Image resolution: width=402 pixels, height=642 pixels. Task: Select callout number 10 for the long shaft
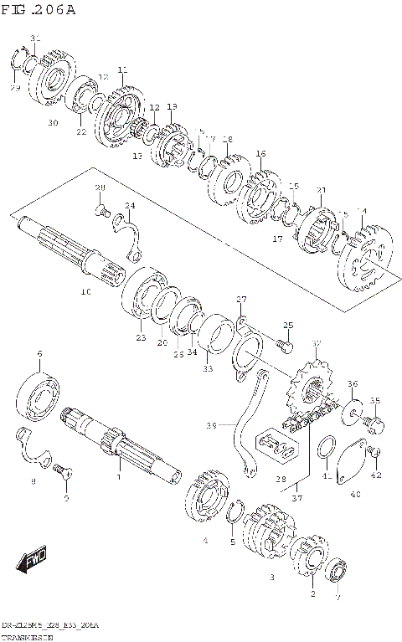coord(85,293)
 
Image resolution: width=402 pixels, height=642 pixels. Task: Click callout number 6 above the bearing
coord(39,356)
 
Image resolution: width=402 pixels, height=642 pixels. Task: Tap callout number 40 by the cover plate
coord(355,495)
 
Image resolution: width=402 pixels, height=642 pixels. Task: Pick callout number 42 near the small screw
coord(376,475)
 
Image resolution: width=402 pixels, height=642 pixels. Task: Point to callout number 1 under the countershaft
coord(118,477)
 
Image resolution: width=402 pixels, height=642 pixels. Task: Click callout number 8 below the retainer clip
coord(33,482)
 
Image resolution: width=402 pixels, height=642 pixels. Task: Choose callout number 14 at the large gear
coord(362,212)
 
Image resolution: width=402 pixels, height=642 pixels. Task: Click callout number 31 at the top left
coord(35,39)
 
